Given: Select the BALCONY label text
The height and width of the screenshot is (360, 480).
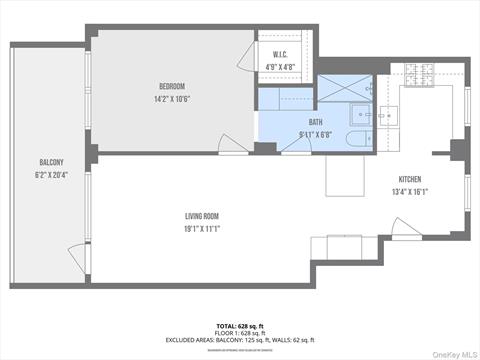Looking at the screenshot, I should pos(51,162).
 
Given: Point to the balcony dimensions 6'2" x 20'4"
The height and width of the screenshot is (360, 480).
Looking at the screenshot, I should pos(51,175).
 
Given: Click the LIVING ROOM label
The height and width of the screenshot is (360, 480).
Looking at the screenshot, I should pos(201,216).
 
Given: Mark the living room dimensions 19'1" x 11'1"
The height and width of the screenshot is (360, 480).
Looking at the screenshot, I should pos(201,229).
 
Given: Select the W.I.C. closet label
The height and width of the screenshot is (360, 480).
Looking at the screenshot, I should pos(281,55).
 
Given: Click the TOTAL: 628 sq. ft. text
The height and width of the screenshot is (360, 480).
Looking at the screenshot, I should pos(239,326).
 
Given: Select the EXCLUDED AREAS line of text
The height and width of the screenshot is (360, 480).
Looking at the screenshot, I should pos(239,340).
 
